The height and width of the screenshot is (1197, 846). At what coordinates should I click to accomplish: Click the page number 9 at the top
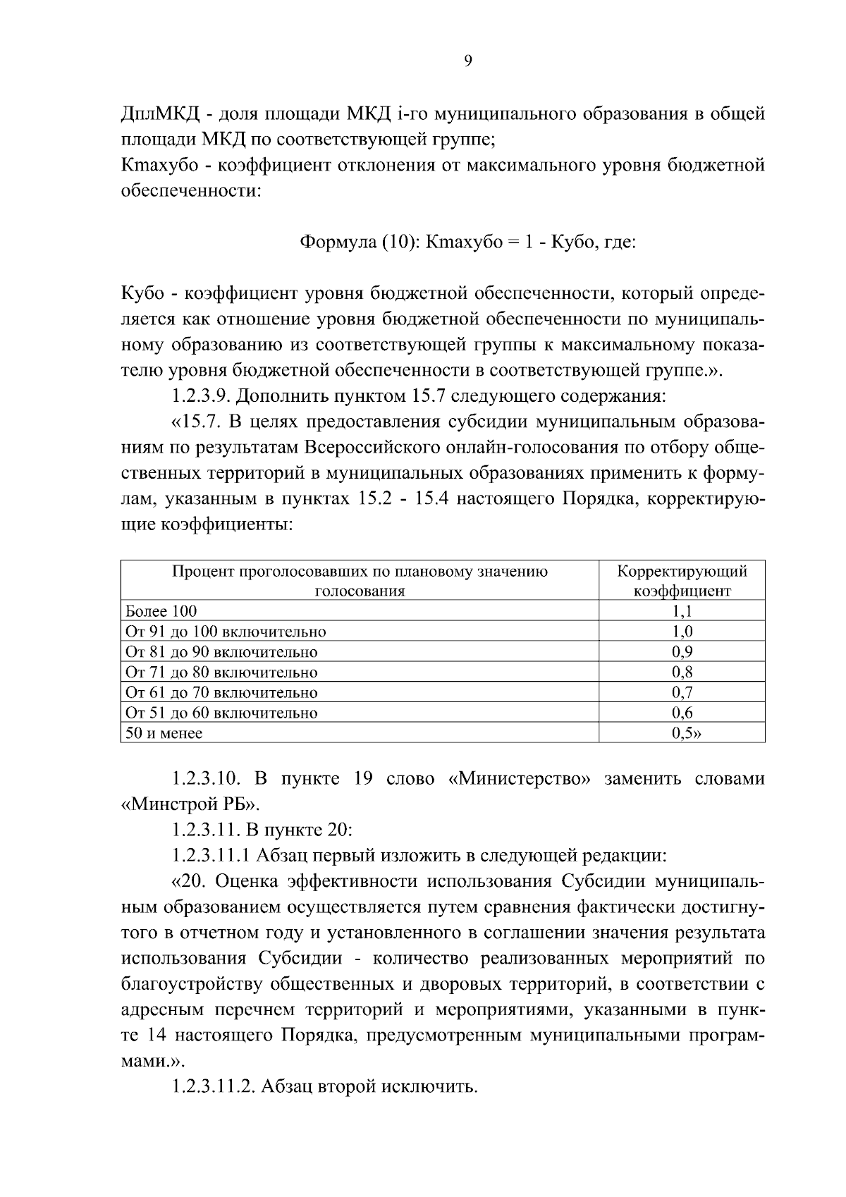469,61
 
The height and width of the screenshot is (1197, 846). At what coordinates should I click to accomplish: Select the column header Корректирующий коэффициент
682,580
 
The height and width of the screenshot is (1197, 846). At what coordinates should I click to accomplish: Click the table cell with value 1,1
682,611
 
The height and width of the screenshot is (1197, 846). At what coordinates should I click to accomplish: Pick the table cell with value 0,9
682,652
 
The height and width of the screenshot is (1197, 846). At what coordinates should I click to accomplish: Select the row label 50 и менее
164,733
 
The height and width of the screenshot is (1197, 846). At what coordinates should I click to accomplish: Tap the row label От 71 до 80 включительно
221,673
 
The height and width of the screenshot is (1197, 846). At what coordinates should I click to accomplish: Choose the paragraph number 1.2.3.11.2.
214,1086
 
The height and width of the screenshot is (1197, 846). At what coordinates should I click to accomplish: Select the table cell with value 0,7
682,692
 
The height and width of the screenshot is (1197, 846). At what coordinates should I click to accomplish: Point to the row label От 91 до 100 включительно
225,632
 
